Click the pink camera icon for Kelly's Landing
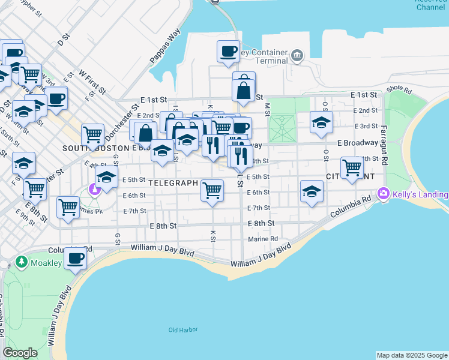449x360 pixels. click(x=384, y=194)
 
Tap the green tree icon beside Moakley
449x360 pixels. click(x=22, y=262)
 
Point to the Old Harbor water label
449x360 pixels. click(x=183, y=330)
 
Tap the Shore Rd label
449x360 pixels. click(x=399, y=90)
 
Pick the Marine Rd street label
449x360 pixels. click(x=265, y=238)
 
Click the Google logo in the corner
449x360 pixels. click(x=20, y=353)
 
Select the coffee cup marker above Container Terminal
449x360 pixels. click(x=228, y=52)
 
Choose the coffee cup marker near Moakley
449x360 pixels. click(x=76, y=259)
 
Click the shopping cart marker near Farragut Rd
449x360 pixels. click(x=352, y=167)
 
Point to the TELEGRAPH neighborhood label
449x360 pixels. click(x=173, y=182)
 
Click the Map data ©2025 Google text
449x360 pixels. click(x=412, y=355)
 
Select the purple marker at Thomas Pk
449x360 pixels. click(x=94, y=190)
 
